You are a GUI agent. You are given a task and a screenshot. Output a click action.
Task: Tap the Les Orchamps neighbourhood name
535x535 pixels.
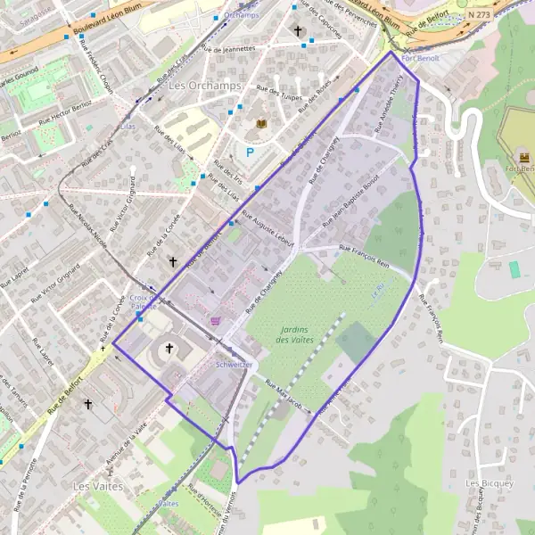pos(191,86)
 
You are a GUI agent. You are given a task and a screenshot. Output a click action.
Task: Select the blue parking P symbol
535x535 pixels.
pos(251,152)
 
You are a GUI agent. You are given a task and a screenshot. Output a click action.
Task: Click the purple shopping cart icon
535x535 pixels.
pos(214,321)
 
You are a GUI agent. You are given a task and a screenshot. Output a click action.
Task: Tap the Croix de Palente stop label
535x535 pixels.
pos(143,301)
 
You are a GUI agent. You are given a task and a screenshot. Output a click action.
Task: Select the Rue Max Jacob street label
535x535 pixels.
pos(284,389)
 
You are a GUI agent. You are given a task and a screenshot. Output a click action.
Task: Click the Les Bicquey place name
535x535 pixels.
pos(490,483)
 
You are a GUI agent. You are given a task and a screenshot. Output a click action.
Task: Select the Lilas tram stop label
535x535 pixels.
pos(127,128)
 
